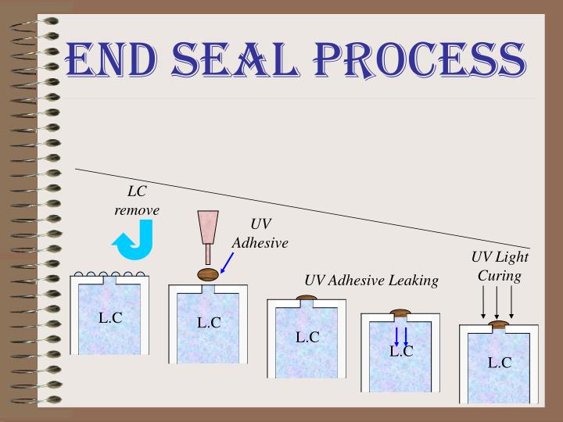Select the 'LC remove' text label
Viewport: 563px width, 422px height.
[x=137, y=201]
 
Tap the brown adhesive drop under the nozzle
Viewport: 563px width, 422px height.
[x=207, y=274]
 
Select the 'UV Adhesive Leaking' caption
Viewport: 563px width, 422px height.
[x=371, y=280]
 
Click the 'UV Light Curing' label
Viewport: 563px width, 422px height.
[x=500, y=266]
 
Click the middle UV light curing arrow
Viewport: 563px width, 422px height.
[x=497, y=301]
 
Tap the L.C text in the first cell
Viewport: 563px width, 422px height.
[x=110, y=317]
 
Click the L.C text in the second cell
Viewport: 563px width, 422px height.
[x=209, y=321]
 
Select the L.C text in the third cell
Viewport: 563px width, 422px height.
[x=307, y=337]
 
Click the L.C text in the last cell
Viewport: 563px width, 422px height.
[x=500, y=362]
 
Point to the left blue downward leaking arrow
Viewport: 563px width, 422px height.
[x=396, y=337]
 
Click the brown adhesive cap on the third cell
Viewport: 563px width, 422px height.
[x=306, y=298]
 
